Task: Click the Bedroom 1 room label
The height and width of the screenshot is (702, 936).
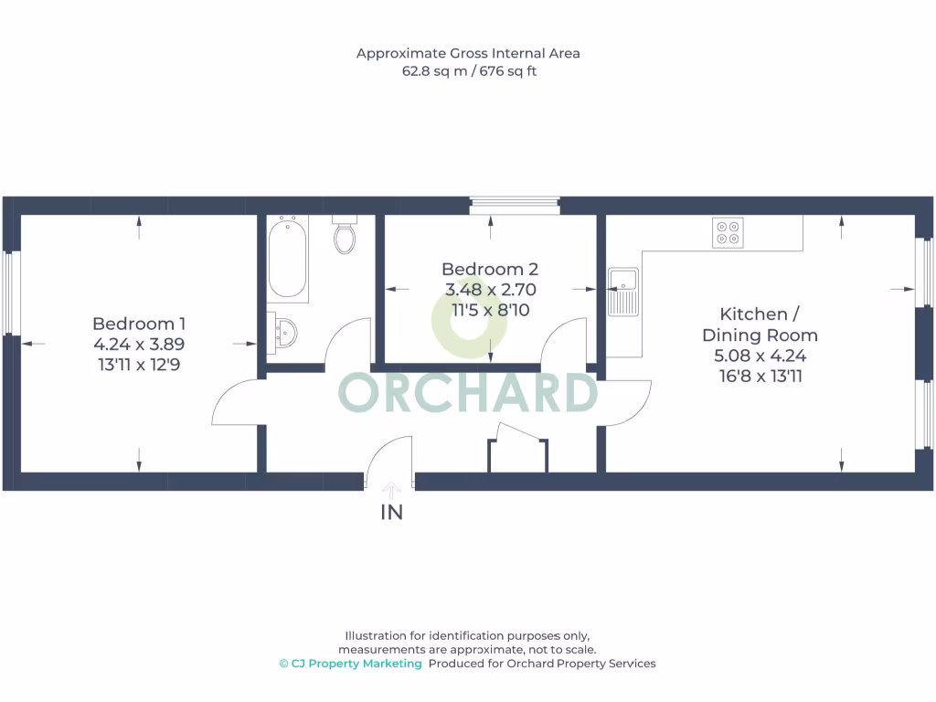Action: click(x=139, y=324)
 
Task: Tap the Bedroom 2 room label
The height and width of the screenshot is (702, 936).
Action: click(x=489, y=269)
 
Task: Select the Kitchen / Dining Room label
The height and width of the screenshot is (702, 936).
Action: click(x=760, y=324)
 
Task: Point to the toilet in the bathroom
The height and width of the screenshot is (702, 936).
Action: click(x=345, y=237)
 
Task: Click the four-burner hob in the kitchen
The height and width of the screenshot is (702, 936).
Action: click(x=729, y=233)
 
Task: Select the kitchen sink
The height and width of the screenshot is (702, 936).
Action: click(x=623, y=292)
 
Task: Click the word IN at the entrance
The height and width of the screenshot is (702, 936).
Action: click(x=391, y=513)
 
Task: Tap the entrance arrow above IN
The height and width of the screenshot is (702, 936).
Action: click(x=391, y=491)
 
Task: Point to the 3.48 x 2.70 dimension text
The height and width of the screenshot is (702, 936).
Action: click(x=489, y=290)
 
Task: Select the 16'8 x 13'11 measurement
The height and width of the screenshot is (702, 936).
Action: click(x=760, y=376)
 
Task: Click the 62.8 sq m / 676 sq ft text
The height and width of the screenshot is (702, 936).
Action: click(x=468, y=70)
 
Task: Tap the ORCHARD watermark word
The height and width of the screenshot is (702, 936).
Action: click(x=468, y=393)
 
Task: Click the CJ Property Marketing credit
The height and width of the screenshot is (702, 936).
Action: click(x=351, y=664)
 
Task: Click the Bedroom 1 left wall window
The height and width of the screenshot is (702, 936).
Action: click(x=11, y=292)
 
